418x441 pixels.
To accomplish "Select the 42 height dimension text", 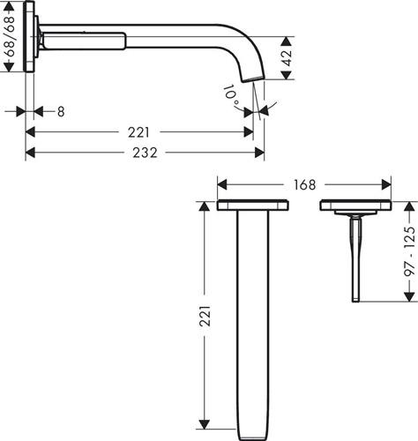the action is click(x=287, y=58).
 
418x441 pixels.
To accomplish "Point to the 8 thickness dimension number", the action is click(x=61, y=112).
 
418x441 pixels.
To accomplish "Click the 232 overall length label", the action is click(x=145, y=153).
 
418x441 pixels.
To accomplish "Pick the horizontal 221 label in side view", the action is click(x=138, y=132).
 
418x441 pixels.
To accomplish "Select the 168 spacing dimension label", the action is click(x=304, y=185).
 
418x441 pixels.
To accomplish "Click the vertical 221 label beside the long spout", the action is click(x=205, y=316).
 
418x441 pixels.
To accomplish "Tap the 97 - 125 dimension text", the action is click(x=410, y=250).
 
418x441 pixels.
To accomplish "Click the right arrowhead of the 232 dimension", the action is click(x=259, y=153).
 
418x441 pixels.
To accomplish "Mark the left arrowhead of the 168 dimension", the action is click(x=222, y=185).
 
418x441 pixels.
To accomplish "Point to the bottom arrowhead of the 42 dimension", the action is click(x=286, y=75).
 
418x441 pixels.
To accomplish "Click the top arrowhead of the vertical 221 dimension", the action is click(x=205, y=206).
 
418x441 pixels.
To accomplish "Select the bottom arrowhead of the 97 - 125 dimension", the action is click(x=409, y=296).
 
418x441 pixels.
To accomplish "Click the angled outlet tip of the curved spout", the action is click(x=253, y=78).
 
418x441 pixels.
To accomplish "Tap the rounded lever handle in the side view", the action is click(x=85, y=41).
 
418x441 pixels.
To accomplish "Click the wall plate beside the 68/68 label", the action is click(x=29, y=36).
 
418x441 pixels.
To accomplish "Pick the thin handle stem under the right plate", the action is click(x=355, y=258).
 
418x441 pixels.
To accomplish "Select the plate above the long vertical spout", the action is click(x=253, y=206).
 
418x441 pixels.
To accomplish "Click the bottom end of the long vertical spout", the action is click(x=253, y=438).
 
